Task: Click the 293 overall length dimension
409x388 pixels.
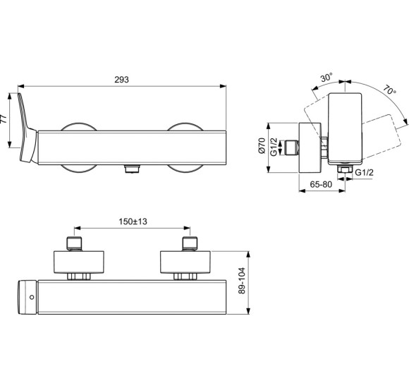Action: click(121, 80)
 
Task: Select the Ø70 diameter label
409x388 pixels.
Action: click(261, 147)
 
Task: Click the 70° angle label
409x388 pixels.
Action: click(389, 91)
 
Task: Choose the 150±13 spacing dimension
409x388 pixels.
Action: click(132, 222)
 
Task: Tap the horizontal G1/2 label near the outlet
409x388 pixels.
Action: click(365, 172)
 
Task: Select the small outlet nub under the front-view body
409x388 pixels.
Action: click(131, 169)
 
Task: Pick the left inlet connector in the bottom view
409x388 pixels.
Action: click(75, 244)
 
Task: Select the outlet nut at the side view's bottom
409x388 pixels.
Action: click(346, 170)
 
